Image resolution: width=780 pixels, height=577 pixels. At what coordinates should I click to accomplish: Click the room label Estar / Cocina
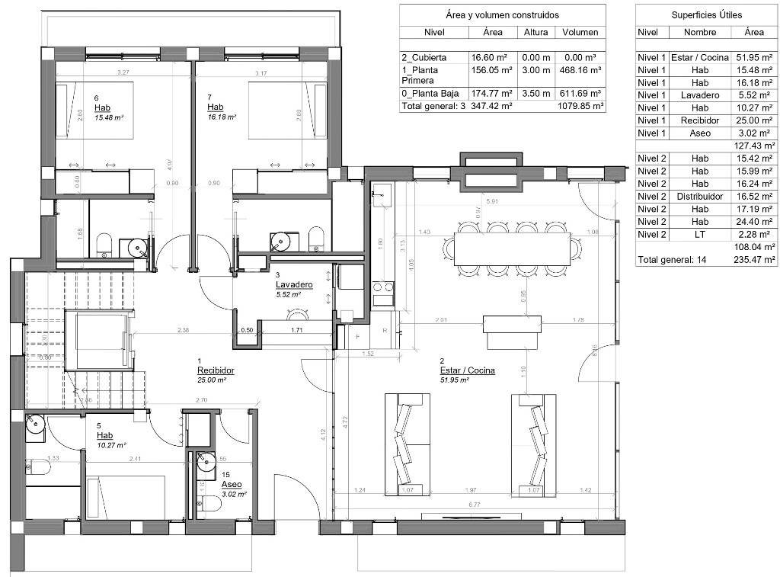(x=467, y=370)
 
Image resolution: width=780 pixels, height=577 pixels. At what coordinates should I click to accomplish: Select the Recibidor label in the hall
(x=215, y=370)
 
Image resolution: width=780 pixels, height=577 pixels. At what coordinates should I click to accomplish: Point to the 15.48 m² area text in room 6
(x=108, y=118)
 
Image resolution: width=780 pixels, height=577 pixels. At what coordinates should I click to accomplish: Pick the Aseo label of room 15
(x=232, y=484)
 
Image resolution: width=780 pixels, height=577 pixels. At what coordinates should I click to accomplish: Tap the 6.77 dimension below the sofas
(x=474, y=504)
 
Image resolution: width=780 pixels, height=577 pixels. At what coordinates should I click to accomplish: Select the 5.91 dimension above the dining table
(x=492, y=202)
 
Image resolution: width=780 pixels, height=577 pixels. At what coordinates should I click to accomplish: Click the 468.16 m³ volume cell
(x=580, y=69)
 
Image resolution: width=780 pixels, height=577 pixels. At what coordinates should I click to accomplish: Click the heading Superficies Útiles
(x=706, y=14)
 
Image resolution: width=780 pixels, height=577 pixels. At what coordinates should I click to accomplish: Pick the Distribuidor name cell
(x=699, y=196)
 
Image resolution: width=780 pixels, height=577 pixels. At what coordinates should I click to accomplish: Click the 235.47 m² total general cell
(x=754, y=259)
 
